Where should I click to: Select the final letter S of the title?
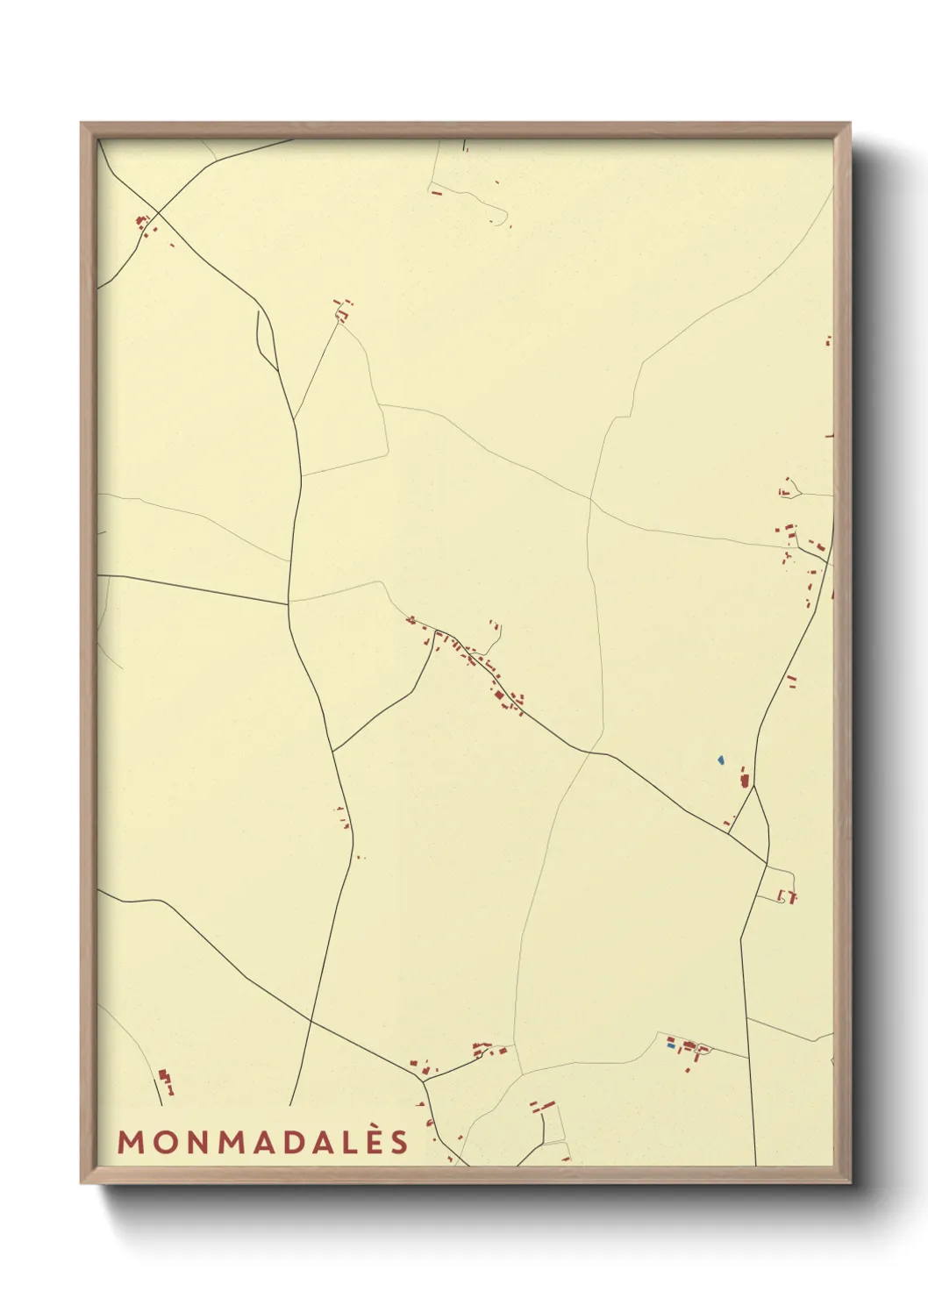click(x=400, y=1142)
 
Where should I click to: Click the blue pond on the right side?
click(x=720, y=760)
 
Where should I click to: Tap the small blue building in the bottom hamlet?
click(x=672, y=1045)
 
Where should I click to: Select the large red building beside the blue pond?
click(x=746, y=779)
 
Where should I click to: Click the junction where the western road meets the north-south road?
click(x=289, y=603)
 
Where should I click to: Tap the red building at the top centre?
click(x=436, y=192)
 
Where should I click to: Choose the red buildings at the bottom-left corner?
click(x=165, y=1080)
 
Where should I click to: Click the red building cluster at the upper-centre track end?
click(x=343, y=308)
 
